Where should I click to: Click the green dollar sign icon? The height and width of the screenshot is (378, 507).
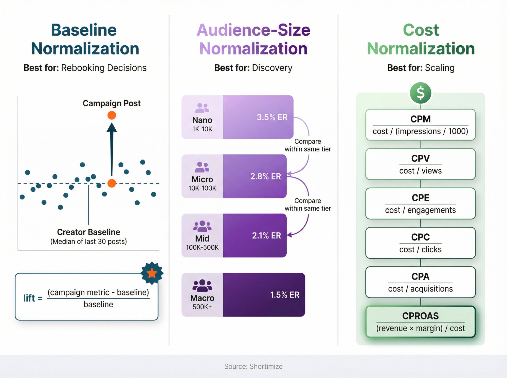click(x=420, y=93)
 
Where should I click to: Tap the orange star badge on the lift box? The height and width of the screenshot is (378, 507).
click(x=152, y=273)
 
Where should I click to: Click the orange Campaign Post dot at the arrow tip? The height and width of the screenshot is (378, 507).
click(x=112, y=115)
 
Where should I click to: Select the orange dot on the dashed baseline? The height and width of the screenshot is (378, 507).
click(x=112, y=183)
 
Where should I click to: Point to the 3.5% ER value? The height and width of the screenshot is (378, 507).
click(x=272, y=117)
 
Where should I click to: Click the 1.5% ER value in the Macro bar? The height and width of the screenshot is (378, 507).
click(x=284, y=295)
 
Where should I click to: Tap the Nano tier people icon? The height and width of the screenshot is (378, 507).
click(x=202, y=108)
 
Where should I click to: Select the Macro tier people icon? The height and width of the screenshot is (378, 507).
click(x=202, y=286)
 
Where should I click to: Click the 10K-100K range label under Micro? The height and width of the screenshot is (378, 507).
click(x=202, y=188)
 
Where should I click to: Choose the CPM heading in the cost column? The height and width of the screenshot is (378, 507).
click(x=420, y=119)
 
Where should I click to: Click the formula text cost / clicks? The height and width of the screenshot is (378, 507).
click(x=420, y=249)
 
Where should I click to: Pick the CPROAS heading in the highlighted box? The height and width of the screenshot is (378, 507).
click(x=420, y=316)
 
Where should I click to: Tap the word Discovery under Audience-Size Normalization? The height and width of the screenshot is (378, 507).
click(x=272, y=68)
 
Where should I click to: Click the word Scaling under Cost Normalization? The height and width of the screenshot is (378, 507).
click(x=440, y=68)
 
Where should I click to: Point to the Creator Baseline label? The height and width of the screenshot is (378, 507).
click(x=88, y=232)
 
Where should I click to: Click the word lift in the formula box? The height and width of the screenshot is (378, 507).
click(x=29, y=298)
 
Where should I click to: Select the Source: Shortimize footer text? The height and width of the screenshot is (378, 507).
click(x=253, y=366)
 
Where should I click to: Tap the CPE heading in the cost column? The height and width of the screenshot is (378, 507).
click(x=420, y=198)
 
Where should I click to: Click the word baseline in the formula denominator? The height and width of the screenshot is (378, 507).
click(x=98, y=304)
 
